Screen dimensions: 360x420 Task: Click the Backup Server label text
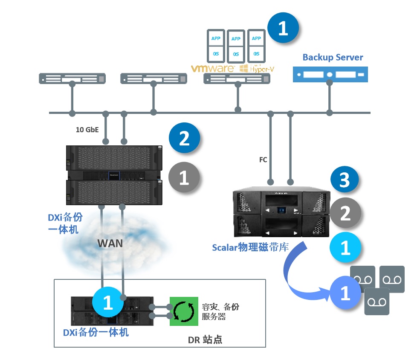point(333,57)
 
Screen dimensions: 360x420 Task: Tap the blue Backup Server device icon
point(330,74)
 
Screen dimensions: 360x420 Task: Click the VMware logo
point(212,68)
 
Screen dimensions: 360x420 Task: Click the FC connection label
point(264,160)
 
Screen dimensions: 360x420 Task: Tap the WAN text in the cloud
point(110,244)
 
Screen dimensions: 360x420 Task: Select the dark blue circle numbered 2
point(184,138)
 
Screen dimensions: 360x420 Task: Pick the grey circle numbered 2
point(345,213)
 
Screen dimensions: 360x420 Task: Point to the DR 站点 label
point(205,340)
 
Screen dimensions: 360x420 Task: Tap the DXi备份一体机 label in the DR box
point(96,332)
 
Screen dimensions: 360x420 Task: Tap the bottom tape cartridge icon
point(377,302)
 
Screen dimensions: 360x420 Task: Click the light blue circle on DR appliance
point(108,302)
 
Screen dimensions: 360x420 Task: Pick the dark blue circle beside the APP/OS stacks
point(283,28)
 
